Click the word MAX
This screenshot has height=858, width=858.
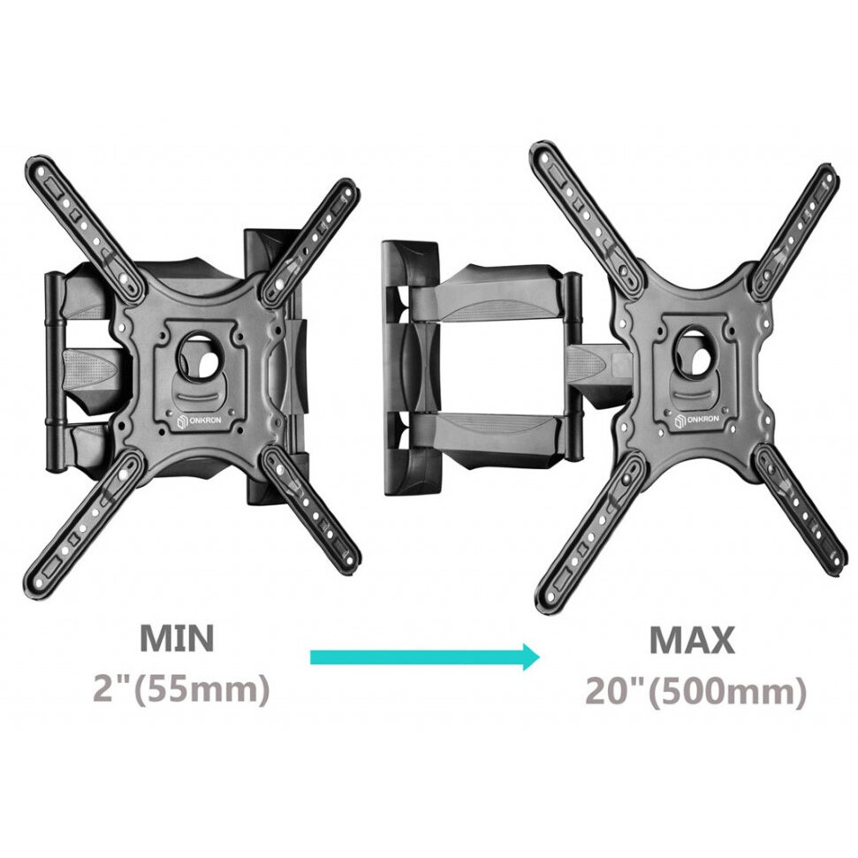coord(692,640)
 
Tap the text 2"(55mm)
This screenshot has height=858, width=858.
coord(181,689)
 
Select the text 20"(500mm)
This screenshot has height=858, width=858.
coord(695,691)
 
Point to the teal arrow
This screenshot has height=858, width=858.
coord(424,657)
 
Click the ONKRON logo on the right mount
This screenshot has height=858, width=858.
coord(700,418)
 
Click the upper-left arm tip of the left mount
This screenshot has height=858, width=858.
coord(40,170)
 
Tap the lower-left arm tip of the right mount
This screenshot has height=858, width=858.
coord(549,601)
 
